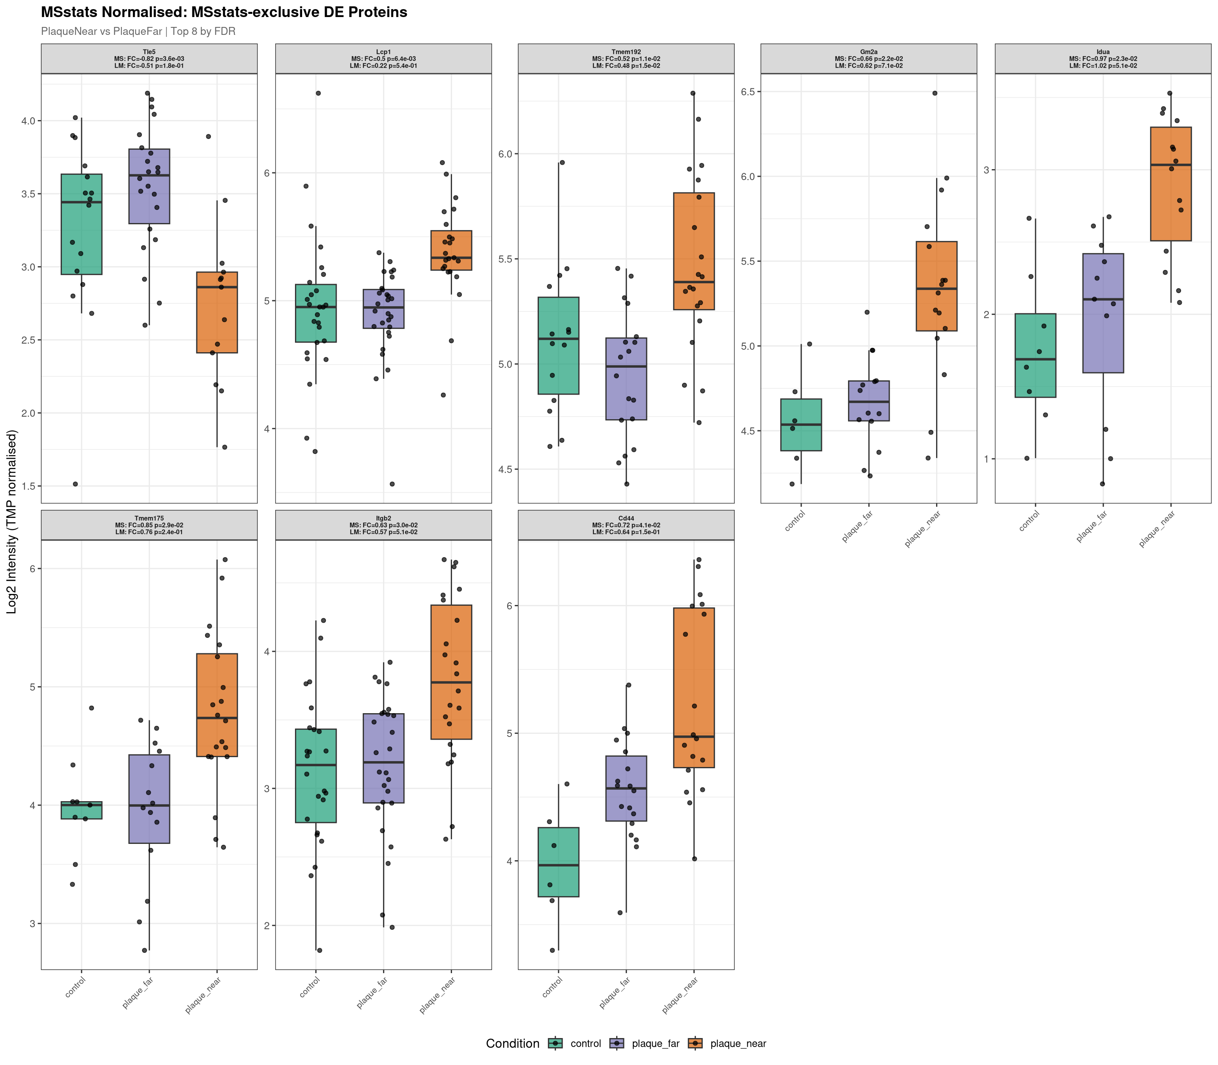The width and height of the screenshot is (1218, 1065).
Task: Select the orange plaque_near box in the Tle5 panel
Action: [217, 312]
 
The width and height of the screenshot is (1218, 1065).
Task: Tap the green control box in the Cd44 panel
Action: [558, 862]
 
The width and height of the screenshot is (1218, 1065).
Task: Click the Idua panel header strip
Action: [1103, 59]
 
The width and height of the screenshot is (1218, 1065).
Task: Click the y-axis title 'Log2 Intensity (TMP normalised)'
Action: [12, 521]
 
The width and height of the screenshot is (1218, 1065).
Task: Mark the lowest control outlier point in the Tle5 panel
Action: [75, 484]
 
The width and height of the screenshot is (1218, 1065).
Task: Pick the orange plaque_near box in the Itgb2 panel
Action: [451, 672]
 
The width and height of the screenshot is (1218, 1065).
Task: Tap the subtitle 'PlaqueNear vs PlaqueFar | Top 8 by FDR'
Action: [138, 31]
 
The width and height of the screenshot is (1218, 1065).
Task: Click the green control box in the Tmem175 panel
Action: [82, 810]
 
